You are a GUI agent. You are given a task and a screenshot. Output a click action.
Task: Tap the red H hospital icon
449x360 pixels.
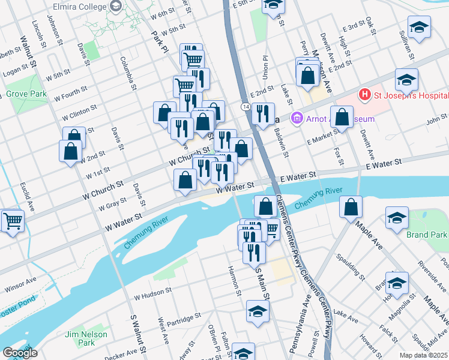point(363,95)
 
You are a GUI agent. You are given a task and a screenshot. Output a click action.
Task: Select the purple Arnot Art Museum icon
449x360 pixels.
point(296,119)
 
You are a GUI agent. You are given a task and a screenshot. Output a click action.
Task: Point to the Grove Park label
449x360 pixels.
point(26,95)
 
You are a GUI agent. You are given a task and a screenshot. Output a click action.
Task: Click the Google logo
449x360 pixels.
point(20,353)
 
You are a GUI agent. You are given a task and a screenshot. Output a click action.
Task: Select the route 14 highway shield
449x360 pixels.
point(246,106)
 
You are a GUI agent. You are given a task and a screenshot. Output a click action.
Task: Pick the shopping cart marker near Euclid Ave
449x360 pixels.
point(13,221)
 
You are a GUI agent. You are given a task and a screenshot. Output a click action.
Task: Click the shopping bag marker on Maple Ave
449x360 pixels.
point(351,208)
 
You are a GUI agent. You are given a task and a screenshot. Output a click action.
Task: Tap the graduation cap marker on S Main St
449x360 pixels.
point(258,311)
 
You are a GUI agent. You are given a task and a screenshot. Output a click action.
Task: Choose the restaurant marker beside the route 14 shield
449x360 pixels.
point(263,113)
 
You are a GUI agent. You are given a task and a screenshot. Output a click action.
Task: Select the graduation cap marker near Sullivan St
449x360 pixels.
point(419,27)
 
